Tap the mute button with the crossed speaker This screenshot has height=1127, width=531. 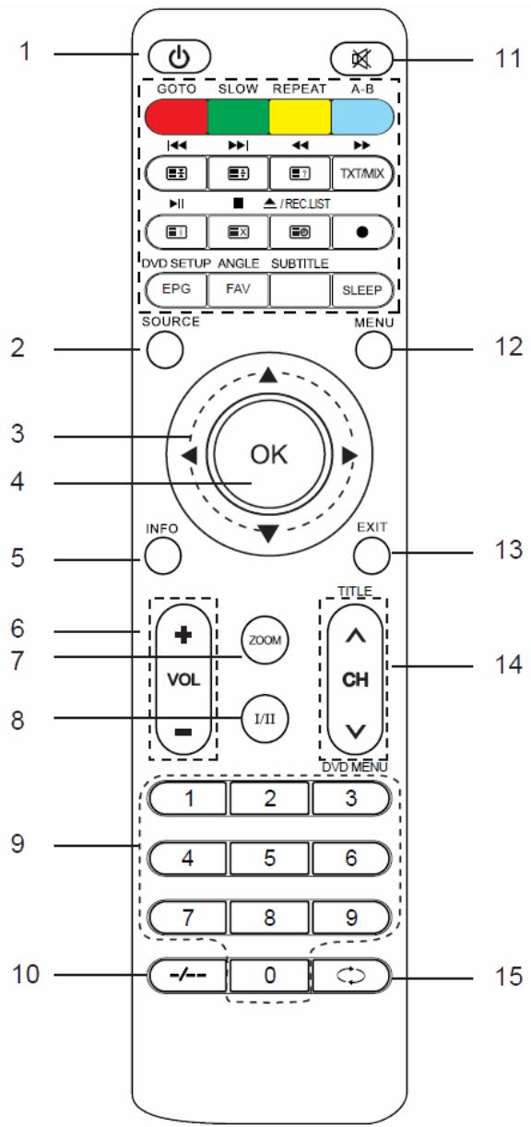coord(361,56)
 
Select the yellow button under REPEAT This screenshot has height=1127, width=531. coord(300,116)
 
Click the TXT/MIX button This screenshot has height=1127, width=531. coord(362,173)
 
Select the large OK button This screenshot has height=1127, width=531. coord(268,456)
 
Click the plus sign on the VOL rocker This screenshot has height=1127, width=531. coord(183,636)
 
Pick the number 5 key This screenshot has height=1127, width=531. coord(269,857)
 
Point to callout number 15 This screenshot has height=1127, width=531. coord(501,974)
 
